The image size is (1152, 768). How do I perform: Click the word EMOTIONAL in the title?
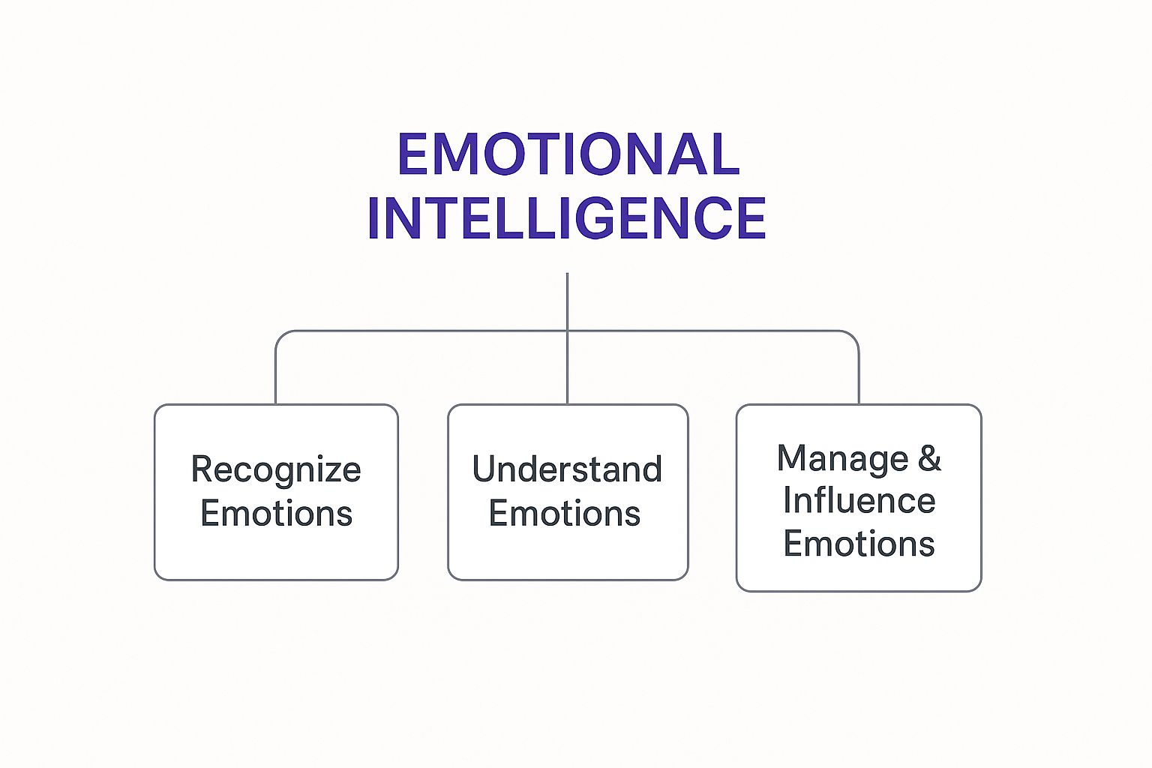[568, 154]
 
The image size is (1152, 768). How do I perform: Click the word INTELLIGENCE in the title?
[566, 218]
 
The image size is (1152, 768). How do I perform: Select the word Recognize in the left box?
[276, 470]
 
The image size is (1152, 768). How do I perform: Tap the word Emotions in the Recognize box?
[276, 514]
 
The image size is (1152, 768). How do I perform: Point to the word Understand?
[567, 470]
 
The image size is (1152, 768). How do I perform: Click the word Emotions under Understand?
[565, 514]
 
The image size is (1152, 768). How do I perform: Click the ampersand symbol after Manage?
[929, 458]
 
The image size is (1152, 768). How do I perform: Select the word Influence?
[859, 501]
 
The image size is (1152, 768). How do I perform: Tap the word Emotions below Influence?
[859, 544]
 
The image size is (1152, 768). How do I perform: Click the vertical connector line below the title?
[567, 300]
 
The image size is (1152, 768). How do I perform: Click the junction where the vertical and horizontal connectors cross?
[567, 331]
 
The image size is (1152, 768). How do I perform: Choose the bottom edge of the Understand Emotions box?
[568, 580]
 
